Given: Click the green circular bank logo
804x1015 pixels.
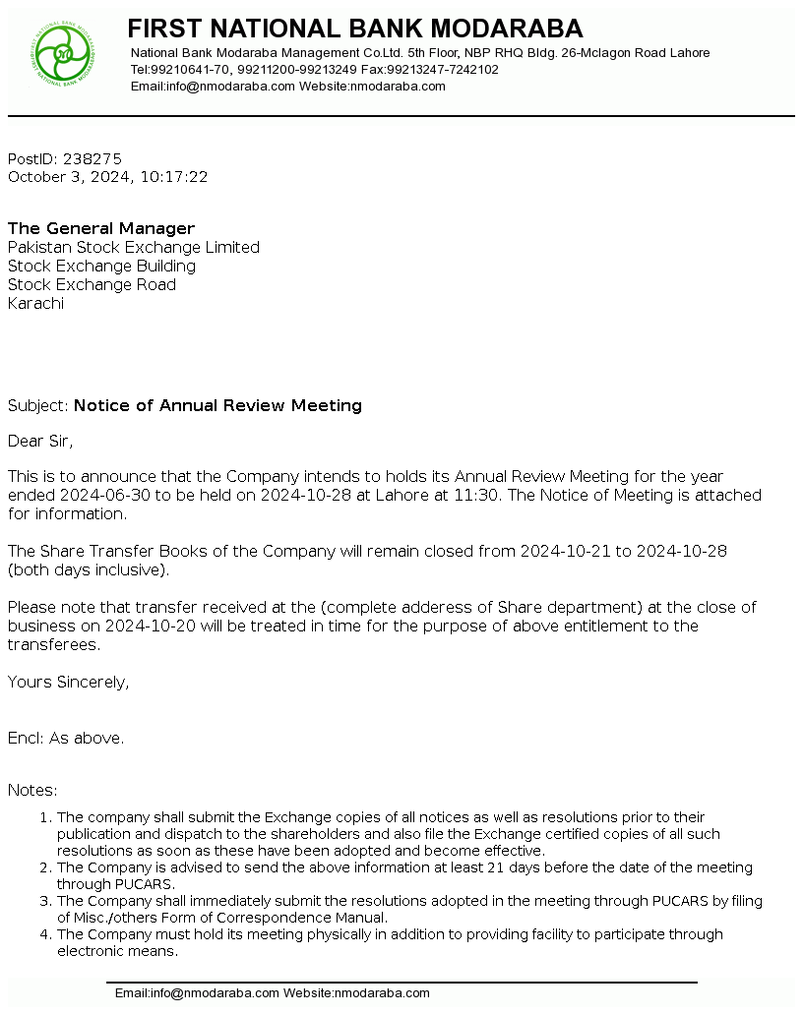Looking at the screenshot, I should [x=61, y=53].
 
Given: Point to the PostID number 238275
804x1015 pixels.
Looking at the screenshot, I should [x=93, y=158].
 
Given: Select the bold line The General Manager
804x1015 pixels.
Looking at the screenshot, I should [x=101, y=228].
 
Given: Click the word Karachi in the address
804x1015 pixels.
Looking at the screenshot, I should [x=36, y=303].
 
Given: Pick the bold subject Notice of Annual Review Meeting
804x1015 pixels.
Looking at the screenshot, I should [x=217, y=405].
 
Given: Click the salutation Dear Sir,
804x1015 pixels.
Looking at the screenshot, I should [x=40, y=441].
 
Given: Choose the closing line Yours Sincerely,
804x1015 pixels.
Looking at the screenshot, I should [x=68, y=682].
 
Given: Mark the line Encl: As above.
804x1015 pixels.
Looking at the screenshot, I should [x=66, y=738].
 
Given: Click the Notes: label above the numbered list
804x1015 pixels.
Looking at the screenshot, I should [x=32, y=790].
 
